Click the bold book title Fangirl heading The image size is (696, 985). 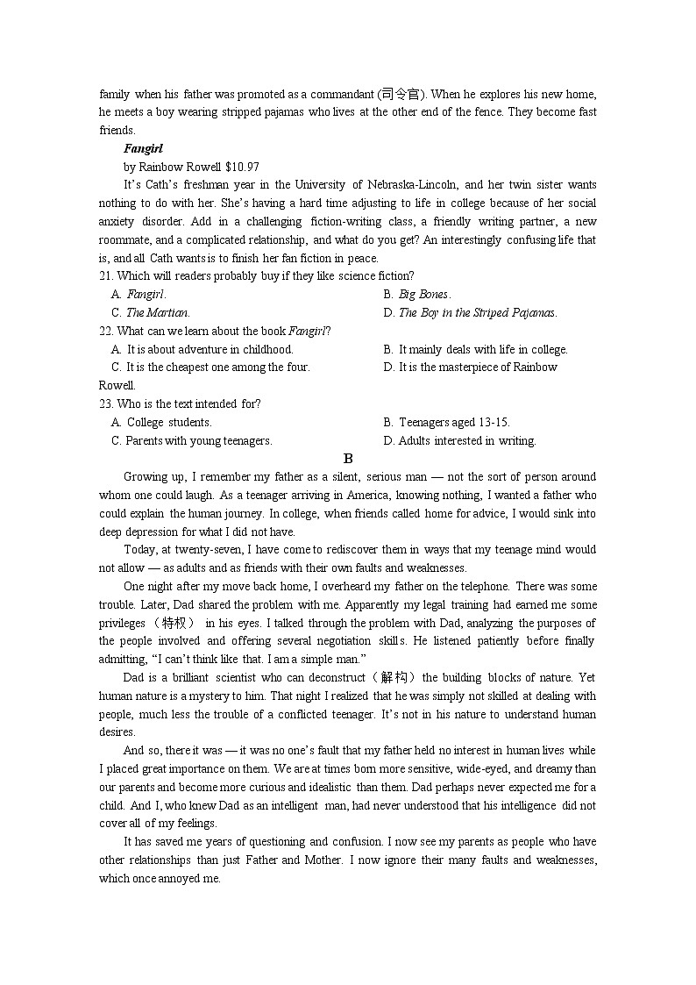pyautogui.click(x=143, y=148)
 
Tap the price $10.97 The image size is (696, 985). pyautogui.click(x=242, y=167)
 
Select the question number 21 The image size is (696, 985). pyautogui.click(x=106, y=276)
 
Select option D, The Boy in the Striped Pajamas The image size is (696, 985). pyautogui.click(x=477, y=312)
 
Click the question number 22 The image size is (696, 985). pyautogui.click(x=106, y=331)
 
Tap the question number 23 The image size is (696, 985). pyautogui.click(x=106, y=404)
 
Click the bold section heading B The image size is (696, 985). pyautogui.click(x=348, y=459)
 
